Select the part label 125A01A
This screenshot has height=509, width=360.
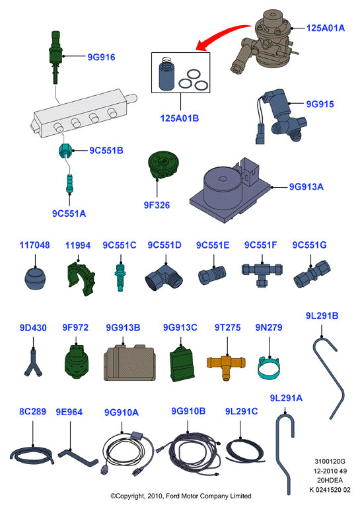pos(325,28)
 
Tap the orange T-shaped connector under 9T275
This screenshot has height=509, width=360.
pos(226,366)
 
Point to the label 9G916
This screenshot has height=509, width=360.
pos(101,57)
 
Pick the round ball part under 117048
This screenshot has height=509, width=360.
pos(35,279)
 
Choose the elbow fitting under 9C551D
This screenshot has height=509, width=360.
pos(164,278)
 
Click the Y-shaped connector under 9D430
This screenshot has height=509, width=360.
pos(33,364)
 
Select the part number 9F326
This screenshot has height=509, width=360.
pos(157,205)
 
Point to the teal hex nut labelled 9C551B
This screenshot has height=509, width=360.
pos(65,151)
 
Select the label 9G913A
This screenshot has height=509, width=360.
pos(306,187)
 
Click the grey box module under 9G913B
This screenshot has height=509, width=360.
pos(129,363)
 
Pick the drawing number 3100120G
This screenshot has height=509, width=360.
pos(330,461)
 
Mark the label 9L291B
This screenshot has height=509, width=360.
pos(322,316)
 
